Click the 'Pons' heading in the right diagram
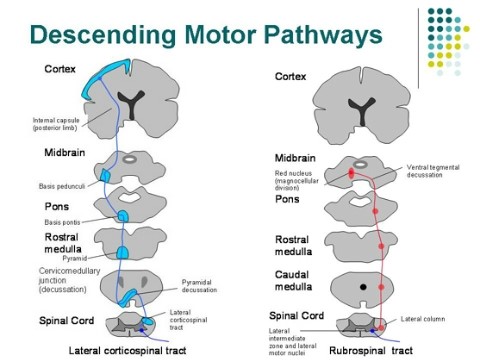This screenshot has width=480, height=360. (x=287, y=199)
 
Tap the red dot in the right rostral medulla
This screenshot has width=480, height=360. (x=381, y=245)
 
